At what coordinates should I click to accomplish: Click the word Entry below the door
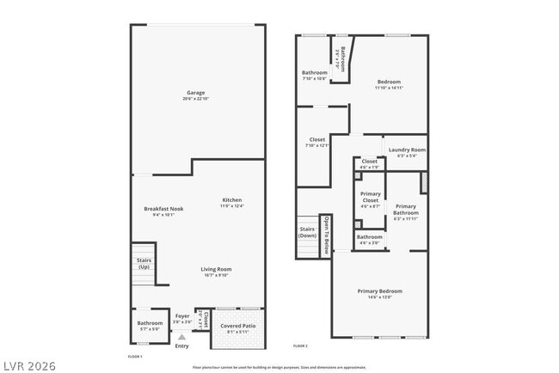(x=181, y=345)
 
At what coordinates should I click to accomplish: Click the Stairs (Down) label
(x=307, y=232)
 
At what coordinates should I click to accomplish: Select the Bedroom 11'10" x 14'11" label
(x=389, y=84)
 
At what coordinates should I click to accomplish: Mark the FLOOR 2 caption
(x=300, y=345)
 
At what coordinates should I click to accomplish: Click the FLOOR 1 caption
(x=135, y=356)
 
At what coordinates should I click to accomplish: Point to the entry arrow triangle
(x=181, y=338)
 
